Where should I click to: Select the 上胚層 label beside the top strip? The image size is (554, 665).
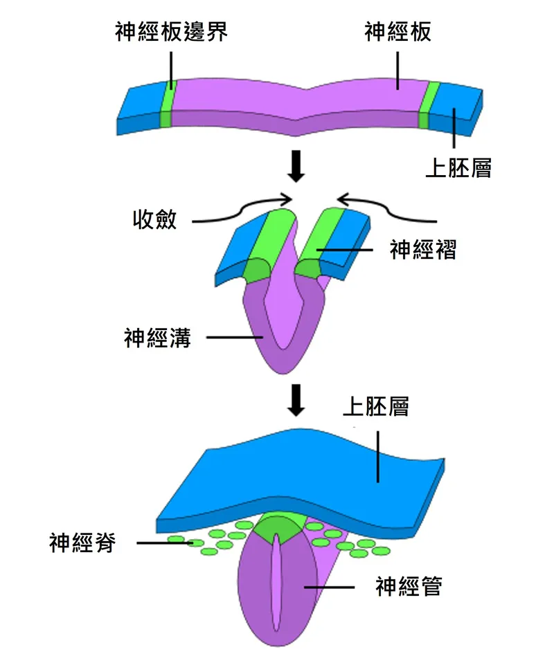pos(458,168)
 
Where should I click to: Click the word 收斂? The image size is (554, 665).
pos(154,220)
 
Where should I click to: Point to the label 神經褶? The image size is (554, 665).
pos(423,249)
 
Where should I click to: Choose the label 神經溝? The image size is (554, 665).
pos(157,338)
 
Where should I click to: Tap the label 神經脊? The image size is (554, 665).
pos(82,543)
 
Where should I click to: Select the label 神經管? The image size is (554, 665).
pos(409,587)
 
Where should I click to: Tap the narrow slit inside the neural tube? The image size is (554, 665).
pos(276,585)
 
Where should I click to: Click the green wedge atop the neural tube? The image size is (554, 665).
pos(276,529)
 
